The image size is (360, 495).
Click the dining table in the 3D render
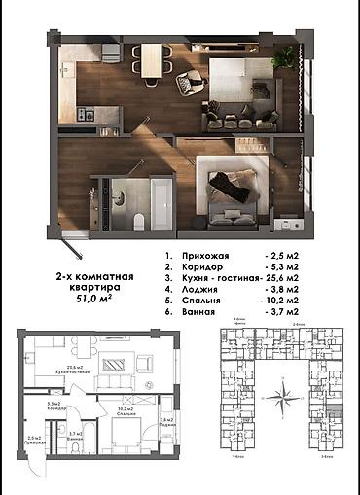point(153,59)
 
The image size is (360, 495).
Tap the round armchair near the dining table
point(185,86)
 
